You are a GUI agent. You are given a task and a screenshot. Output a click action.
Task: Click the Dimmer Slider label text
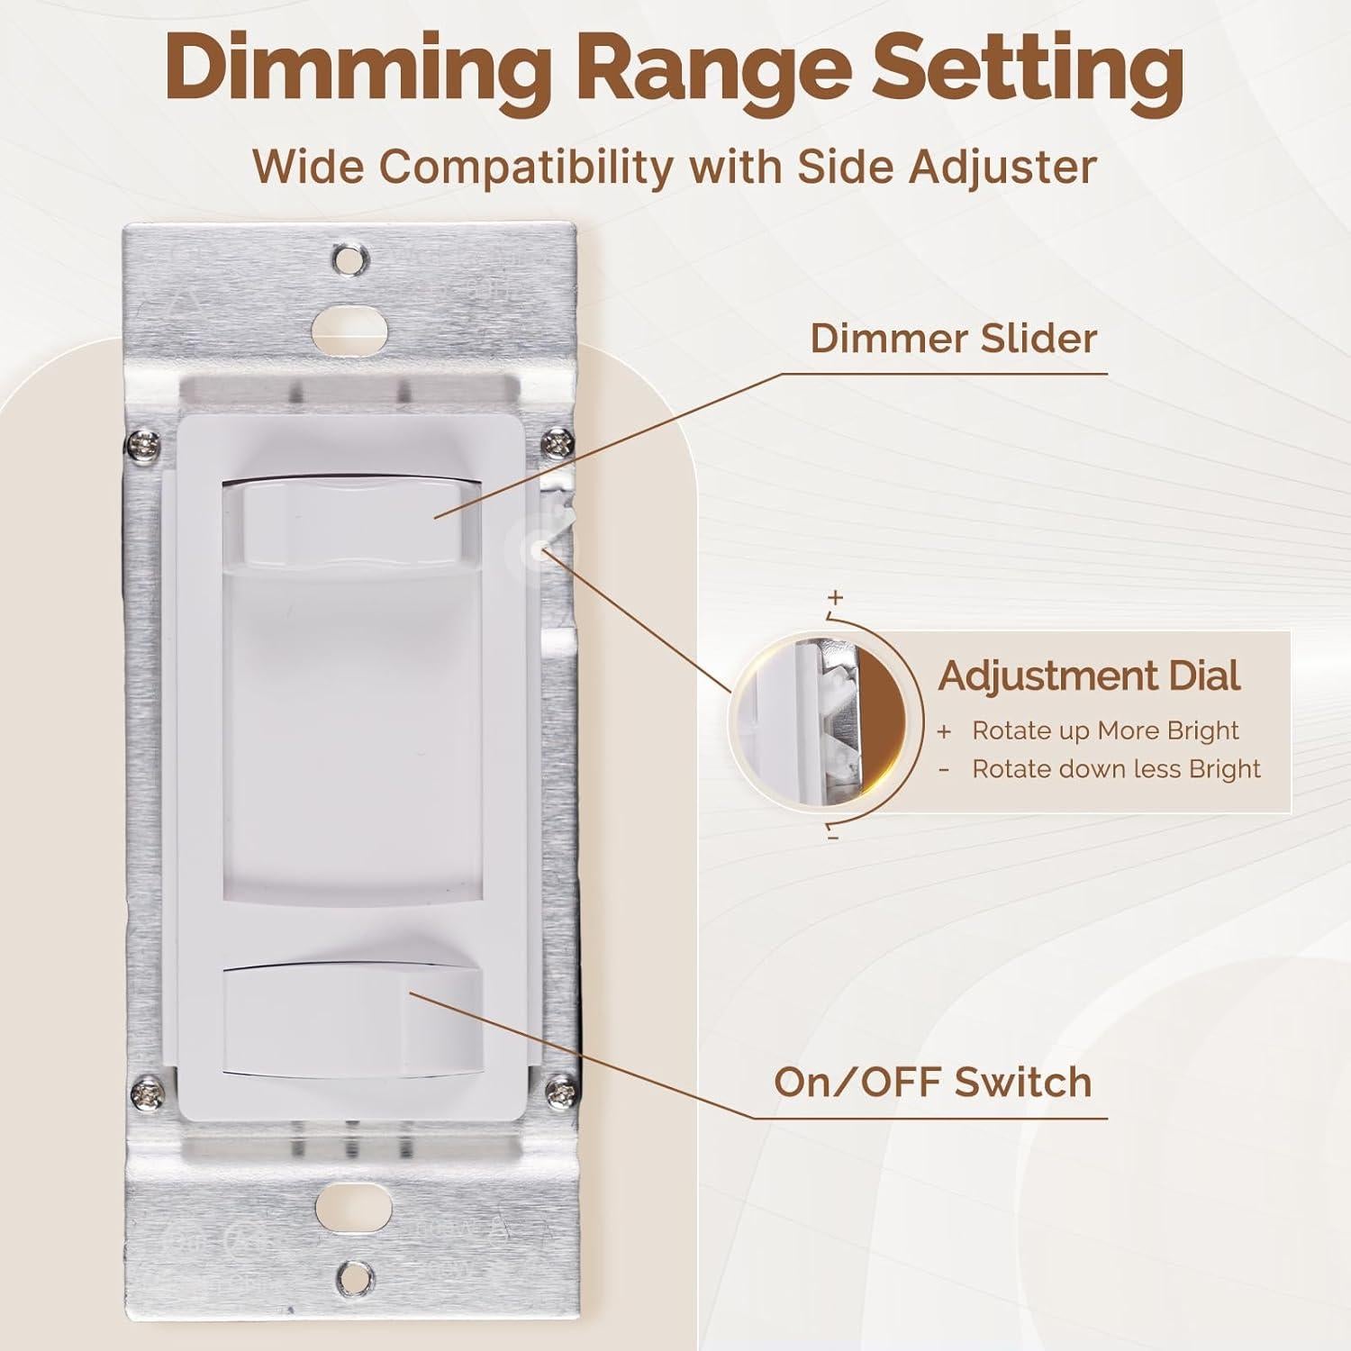[x=954, y=339]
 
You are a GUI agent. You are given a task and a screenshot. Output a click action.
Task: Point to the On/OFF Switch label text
[x=933, y=1081]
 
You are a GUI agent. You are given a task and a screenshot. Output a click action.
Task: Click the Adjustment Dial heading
[x=1089, y=675]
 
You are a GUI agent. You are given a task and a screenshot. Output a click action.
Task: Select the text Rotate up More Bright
[x=1105, y=730]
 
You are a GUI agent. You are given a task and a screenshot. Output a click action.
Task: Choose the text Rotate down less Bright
[x=1116, y=768]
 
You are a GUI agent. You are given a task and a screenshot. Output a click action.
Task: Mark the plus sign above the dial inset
[x=836, y=597]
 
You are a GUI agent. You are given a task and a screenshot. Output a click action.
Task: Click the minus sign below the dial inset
[x=833, y=838]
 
